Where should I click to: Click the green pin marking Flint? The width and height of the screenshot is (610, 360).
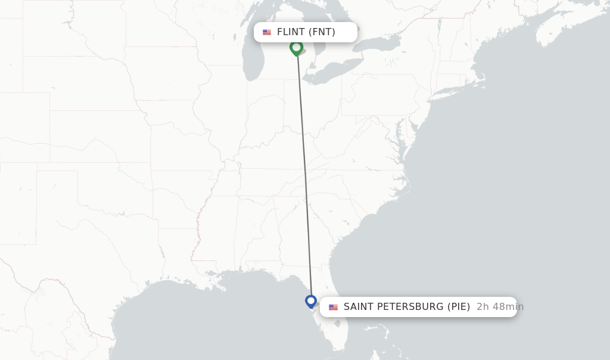pyautogui.click(x=296, y=48)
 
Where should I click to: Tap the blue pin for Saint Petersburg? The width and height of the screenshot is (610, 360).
pyautogui.click(x=310, y=301)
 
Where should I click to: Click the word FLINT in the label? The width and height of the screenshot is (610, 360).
pyautogui.click(x=291, y=32)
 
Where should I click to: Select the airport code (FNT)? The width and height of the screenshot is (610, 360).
pyautogui.click(x=322, y=32)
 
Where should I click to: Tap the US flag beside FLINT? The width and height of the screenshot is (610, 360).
pyautogui.click(x=267, y=32)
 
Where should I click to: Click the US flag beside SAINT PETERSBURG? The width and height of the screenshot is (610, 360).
pyautogui.click(x=333, y=307)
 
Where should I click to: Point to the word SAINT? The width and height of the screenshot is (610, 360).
pyautogui.click(x=360, y=307)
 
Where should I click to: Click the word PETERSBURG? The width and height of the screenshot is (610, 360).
pyautogui.click(x=412, y=307)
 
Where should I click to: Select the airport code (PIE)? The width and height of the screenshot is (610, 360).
pyautogui.click(x=459, y=307)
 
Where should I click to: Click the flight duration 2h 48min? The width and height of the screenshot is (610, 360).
pyautogui.click(x=500, y=307)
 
